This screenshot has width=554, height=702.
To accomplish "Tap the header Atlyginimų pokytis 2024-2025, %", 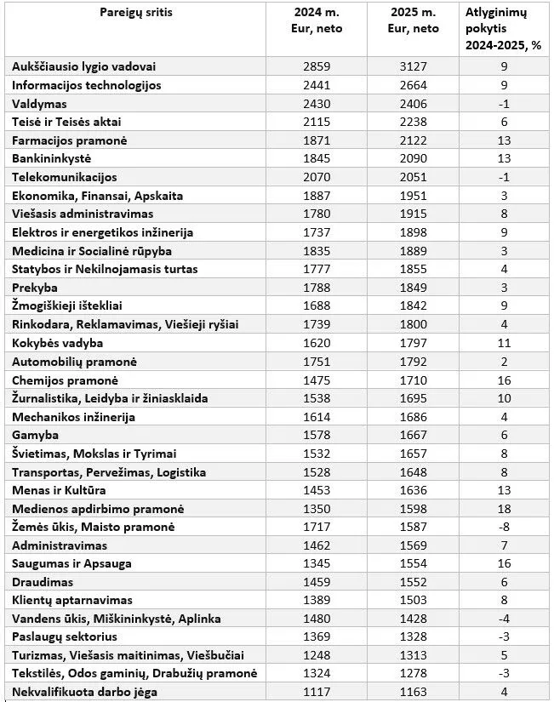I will (504, 30).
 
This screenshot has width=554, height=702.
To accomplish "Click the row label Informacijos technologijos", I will (87, 85).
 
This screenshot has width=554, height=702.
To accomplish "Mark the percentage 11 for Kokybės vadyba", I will (504, 343).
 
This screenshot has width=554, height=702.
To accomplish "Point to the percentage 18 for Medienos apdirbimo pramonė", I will (504, 509).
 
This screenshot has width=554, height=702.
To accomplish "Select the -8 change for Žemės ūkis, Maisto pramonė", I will (504, 528).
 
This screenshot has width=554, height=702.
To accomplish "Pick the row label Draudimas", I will (43, 583).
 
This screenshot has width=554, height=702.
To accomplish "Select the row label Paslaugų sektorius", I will (65, 637).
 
